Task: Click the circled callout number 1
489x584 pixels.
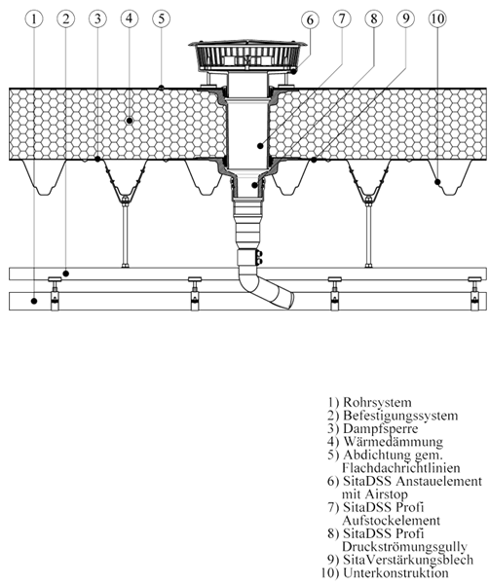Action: pos(34,18)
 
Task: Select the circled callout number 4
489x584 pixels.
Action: pos(130,18)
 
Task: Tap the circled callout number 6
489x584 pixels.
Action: pos(310,20)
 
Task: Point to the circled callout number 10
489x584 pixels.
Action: pos(437,18)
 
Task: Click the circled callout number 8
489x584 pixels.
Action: pos(374,18)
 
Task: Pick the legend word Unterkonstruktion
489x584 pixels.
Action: pos(395,572)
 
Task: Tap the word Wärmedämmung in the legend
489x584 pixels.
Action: pos(393,441)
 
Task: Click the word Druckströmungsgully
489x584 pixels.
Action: pos(404,546)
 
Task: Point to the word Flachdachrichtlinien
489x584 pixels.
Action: pos(400,467)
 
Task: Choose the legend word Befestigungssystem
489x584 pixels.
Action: pos(400,416)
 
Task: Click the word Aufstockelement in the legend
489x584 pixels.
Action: pos(391,520)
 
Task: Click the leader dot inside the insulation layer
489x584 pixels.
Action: pos(130,121)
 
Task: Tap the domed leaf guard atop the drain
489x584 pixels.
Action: pos(247,55)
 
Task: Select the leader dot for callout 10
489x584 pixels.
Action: pos(437,182)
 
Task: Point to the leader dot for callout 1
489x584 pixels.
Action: pos(34,300)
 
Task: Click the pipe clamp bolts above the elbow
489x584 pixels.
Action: pos(260,258)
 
